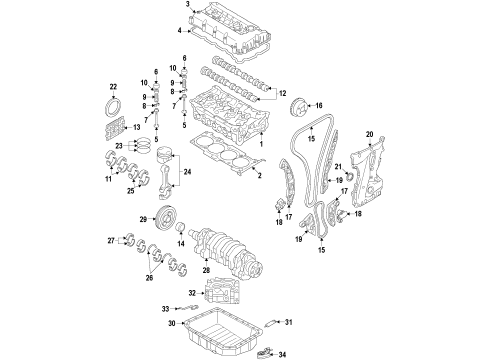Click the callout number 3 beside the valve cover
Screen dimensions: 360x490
[x=187, y=6]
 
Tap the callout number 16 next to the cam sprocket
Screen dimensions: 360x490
[x=317, y=105]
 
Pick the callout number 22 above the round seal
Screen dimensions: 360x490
[x=113, y=86]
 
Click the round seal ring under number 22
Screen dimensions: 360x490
[x=115, y=107]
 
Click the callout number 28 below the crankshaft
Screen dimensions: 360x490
[x=207, y=270]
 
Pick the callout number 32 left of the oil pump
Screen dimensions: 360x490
[x=191, y=291]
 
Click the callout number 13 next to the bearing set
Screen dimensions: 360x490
[x=137, y=128]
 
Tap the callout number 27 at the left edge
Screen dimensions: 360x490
[x=111, y=241]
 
